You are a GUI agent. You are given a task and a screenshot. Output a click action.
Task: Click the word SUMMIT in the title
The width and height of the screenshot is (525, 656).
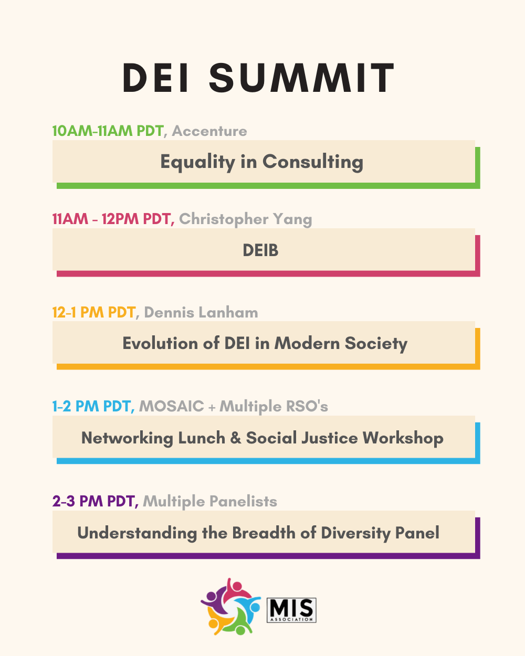[x=302, y=78]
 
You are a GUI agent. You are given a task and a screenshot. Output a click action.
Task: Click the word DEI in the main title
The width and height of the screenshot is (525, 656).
[x=155, y=78]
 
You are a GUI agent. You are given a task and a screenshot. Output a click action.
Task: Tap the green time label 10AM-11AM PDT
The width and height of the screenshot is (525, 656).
[x=108, y=131]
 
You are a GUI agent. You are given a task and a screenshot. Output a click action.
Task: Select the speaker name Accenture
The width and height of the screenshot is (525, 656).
[x=209, y=131]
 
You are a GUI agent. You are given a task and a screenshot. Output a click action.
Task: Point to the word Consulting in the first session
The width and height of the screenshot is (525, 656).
[x=313, y=162]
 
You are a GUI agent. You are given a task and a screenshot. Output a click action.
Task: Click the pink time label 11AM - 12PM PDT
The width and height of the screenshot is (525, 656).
[x=111, y=219]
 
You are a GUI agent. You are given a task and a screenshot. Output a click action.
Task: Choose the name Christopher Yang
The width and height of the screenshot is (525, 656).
[x=246, y=219]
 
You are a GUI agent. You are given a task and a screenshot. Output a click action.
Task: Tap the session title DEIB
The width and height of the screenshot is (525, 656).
[x=260, y=250]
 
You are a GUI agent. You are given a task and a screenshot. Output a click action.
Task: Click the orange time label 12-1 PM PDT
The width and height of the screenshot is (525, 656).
[x=94, y=312]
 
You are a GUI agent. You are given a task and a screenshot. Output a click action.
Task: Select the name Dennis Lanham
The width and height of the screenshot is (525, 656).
[x=201, y=312]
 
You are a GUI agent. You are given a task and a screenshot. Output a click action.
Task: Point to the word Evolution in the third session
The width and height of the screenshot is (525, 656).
[x=160, y=343]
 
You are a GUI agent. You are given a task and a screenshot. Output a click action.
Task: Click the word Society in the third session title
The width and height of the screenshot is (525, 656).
[x=376, y=344]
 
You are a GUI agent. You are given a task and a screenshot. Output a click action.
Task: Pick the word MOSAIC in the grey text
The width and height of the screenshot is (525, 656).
[x=172, y=406]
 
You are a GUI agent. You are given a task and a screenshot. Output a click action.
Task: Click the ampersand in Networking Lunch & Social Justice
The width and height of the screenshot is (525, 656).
[x=236, y=438]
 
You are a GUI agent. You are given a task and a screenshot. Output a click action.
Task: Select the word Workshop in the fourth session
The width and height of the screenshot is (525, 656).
[x=403, y=439]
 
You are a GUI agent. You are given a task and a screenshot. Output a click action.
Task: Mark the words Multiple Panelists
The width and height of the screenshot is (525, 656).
[x=210, y=502]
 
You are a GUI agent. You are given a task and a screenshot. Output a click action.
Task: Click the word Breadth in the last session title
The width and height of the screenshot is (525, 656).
[x=264, y=533]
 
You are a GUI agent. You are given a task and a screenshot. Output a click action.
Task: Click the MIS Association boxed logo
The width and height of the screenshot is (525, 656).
[x=291, y=610]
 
